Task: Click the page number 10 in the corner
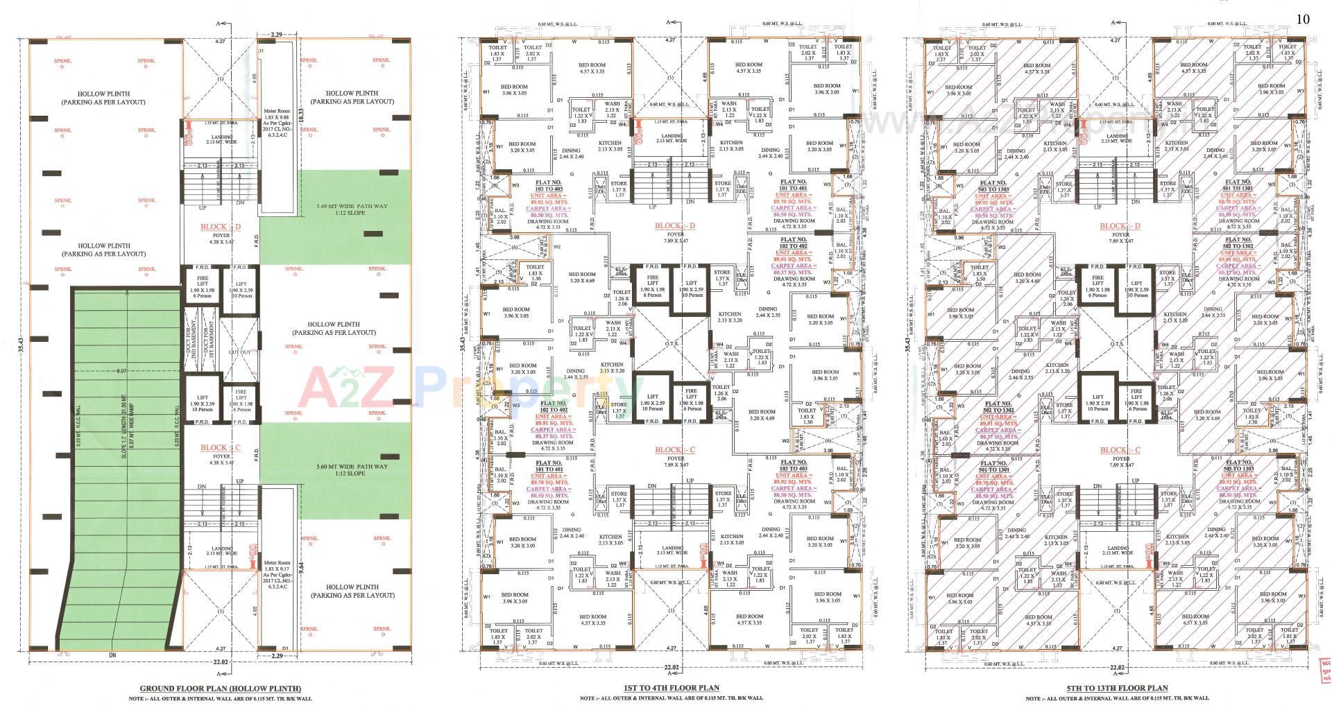click(x=1302, y=19)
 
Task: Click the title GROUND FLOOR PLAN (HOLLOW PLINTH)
click(x=220, y=688)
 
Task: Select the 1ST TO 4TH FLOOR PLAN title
click(x=671, y=688)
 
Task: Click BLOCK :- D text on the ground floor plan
click(x=220, y=227)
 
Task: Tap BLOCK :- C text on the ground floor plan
click(x=220, y=447)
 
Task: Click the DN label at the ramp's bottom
click(x=112, y=655)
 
